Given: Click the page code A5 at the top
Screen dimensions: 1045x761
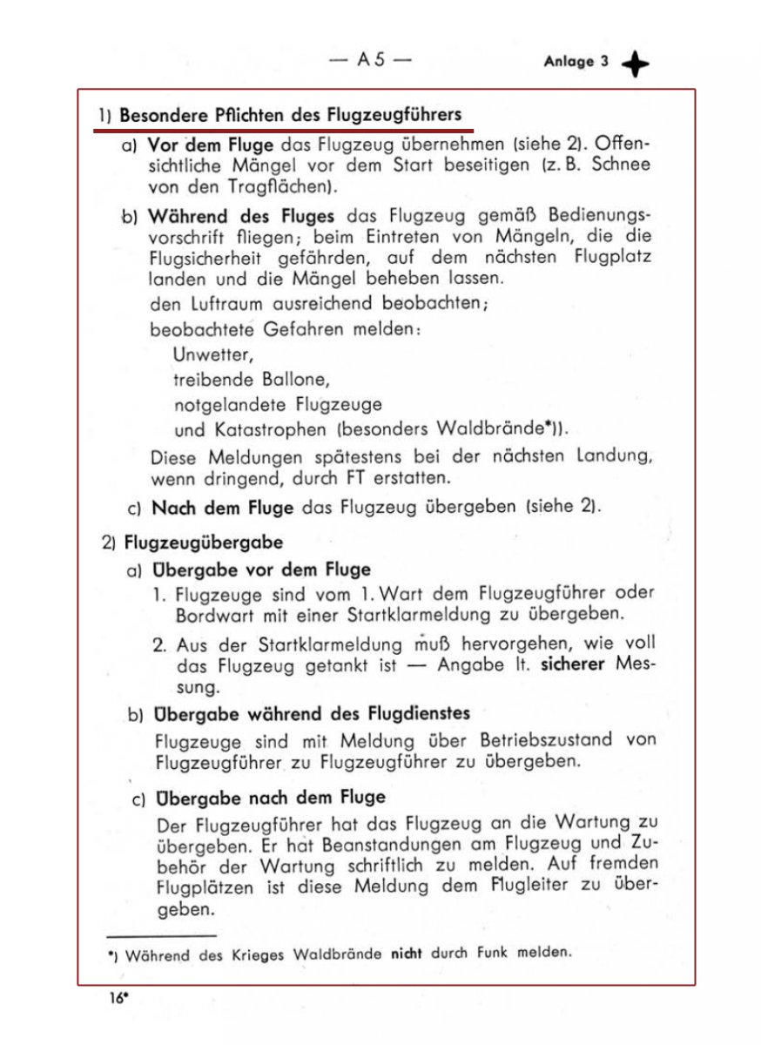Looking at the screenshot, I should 370,61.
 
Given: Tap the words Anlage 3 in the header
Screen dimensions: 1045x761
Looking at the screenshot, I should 576,62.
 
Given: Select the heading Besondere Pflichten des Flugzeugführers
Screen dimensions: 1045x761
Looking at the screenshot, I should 290,115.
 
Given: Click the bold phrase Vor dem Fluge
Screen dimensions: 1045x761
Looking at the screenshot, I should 210,145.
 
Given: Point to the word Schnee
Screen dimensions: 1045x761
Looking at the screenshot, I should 620,165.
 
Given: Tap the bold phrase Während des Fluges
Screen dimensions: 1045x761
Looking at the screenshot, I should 241,215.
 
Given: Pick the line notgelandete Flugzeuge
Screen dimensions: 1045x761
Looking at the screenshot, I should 278,405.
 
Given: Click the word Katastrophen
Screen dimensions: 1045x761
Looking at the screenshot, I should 271,429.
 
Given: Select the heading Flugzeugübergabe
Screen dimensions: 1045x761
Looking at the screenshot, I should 204,543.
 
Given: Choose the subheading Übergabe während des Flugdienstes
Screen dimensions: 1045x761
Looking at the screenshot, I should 311,714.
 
